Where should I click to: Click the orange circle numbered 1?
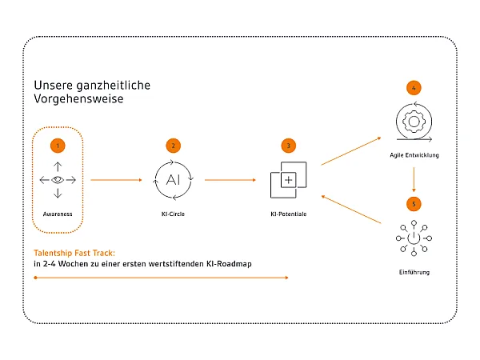tap(58, 146)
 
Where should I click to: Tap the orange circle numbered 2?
tap(174, 146)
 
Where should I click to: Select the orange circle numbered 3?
tap(288, 146)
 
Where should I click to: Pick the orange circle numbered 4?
tap(414, 88)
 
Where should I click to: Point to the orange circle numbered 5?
tap(414, 204)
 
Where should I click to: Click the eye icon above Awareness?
tap(58, 180)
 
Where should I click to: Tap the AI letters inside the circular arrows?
tap(173, 180)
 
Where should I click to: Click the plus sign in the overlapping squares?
tap(288, 180)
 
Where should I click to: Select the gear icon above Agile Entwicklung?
tap(414, 122)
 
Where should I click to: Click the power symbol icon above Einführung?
tap(414, 238)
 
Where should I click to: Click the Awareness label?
tap(58, 214)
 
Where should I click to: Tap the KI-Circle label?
tap(173, 214)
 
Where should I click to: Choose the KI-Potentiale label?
tap(288, 214)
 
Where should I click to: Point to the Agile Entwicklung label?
tap(414, 155)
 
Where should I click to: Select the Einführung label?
tap(414, 272)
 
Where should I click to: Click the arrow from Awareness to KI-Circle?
tap(116, 180)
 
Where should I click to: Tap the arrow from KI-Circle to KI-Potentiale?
tap(230, 180)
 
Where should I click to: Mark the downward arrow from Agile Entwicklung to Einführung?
tap(414, 179)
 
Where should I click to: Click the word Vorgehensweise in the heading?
tap(78, 99)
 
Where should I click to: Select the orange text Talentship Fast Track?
tap(74, 253)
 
